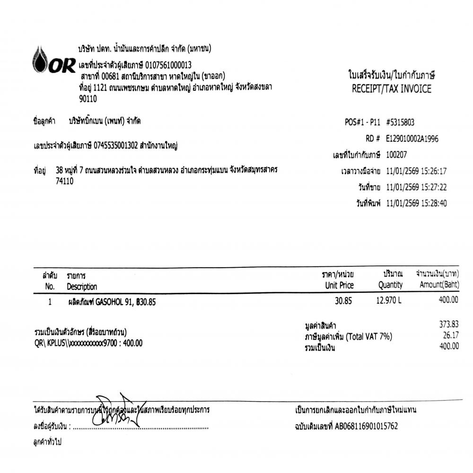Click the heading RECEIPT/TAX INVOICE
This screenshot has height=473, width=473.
click(x=391, y=89)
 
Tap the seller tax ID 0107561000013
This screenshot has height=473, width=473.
click(x=168, y=65)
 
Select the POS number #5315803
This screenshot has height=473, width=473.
click(x=400, y=122)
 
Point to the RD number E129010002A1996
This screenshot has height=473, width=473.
click(x=412, y=139)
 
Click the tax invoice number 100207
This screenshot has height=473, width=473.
click(x=396, y=154)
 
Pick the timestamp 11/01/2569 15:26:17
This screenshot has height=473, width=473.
click(x=416, y=171)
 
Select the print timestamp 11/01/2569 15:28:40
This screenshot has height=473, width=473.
click(x=416, y=203)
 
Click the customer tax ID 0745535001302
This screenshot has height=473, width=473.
click(x=115, y=146)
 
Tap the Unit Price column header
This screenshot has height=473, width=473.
click(x=339, y=286)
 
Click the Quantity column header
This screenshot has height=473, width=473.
click(x=390, y=286)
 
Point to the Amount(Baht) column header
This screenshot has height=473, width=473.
click(x=439, y=286)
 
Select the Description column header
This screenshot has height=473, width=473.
click(x=82, y=287)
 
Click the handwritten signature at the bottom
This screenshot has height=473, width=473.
click(x=116, y=410)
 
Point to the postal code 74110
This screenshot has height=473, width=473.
click(x=64, y=181)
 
